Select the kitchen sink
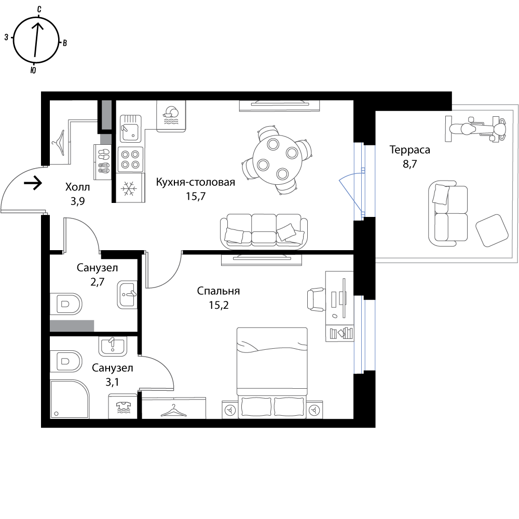click(130, 128)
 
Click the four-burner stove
click(130, 159)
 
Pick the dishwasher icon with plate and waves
click(171, 115)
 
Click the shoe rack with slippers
click(103, 162)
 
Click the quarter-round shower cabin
click(69, 399)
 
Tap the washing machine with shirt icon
click(122, 406)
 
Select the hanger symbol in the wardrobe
click(174, 411)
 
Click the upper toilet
click(66, 304)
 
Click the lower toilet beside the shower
click(66, 361)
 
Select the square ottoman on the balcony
click(491, 230)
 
